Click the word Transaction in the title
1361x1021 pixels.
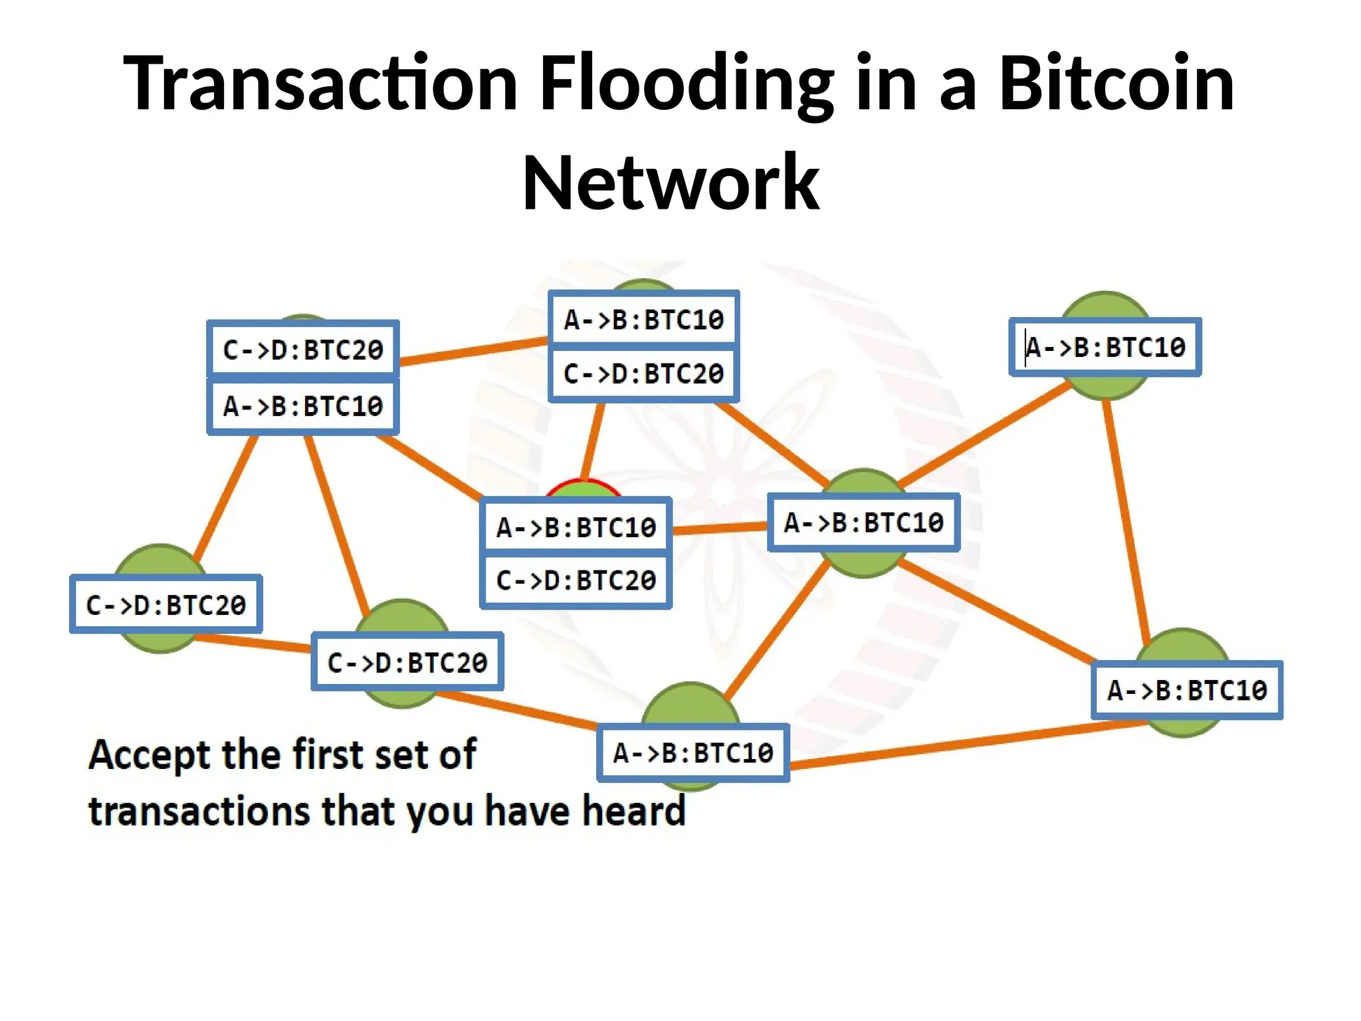pyautogui.click(x=320, y=83)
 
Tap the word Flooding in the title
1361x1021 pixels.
pyautogui.click(x=686, y=83)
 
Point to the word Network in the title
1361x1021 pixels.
pyautogui.click(x=671, y=183)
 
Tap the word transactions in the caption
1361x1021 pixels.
pyautogui.click(x=199, y=812)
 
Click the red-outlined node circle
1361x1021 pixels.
pyautogui.click(x=583, y=491)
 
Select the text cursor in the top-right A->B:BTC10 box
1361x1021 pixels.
pyautogui.click(x=1026, y=347)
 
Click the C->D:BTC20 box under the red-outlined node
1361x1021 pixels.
pyautogui.click(x=576, y=581)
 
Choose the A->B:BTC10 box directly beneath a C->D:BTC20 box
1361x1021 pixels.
pyautogui.click(x=303, y=406)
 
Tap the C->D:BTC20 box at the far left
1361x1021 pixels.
pyautogui.click(x=165, y=605)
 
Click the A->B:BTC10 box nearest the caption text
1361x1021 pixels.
pyautogui.click(x=693, y=753)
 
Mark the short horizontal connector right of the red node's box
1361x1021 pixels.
pyautogui.click(x=719, y=528)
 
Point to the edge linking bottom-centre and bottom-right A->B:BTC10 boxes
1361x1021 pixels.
pyautogui.click(x=964, y=744)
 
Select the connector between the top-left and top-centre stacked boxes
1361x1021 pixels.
pyautogui.click(x=473, y=351)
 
